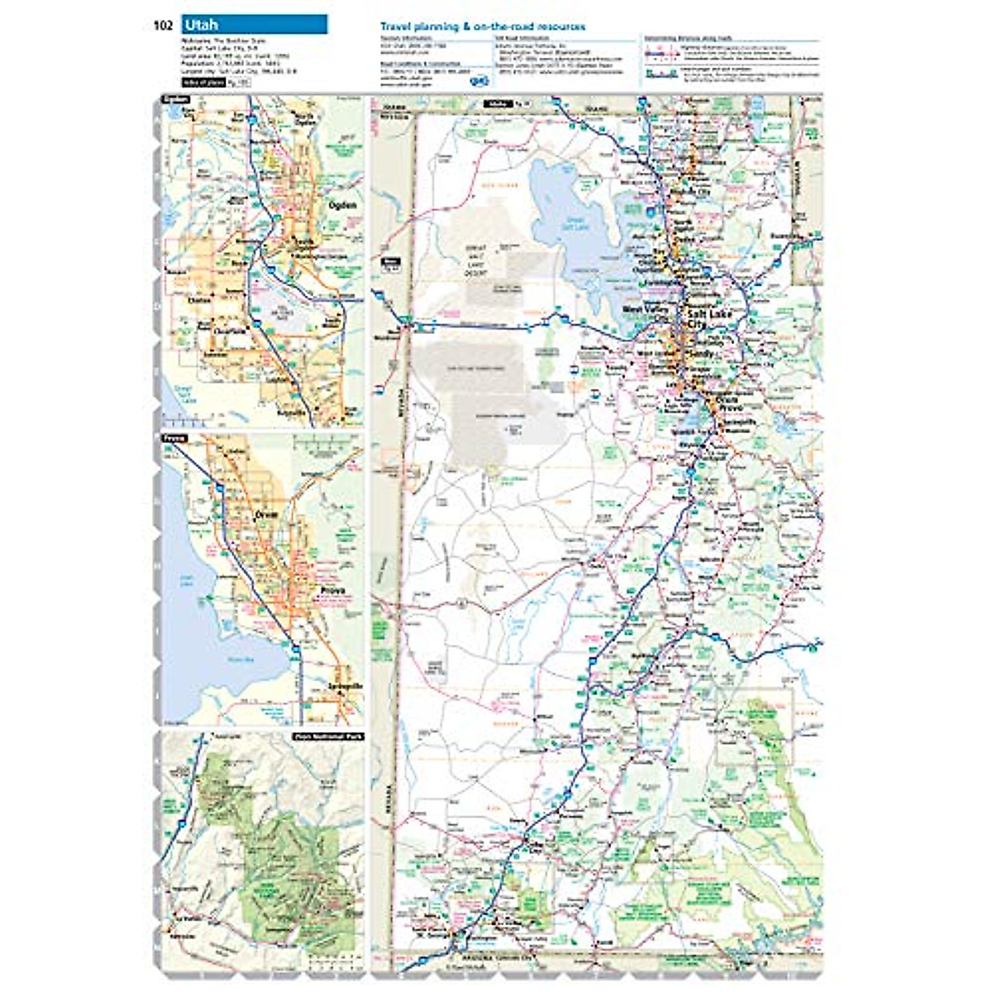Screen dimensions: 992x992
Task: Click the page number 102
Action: click(162, 25)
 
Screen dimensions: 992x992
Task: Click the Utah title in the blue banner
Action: click(201, 25)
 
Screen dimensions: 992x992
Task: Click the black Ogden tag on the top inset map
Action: click(176, 100)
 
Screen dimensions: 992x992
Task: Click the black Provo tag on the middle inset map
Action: click(174, 437)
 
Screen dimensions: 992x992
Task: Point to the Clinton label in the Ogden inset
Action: click(199, 301)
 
